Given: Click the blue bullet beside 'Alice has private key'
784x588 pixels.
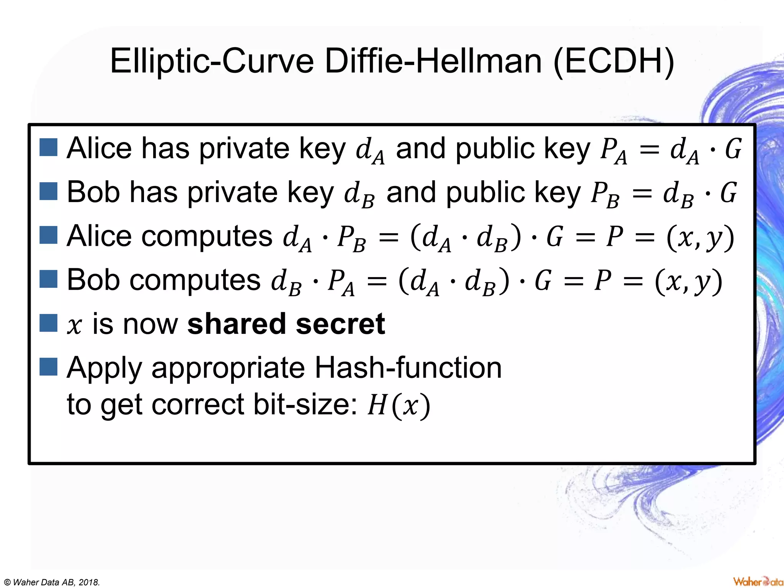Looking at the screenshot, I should (49, 148).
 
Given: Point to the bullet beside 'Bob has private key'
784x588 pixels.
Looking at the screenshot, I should (49, 191).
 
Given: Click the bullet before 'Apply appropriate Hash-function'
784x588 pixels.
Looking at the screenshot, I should (49, 367).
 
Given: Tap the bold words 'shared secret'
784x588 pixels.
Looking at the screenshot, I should (286, 324).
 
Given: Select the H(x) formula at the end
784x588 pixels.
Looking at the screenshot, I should (399, 405).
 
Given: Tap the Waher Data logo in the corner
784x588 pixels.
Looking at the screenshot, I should (758, 581).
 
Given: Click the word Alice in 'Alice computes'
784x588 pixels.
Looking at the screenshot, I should (99, 236).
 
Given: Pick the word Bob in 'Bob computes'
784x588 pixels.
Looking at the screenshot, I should (93, 280).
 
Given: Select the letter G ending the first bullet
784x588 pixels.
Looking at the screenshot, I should (733, 149).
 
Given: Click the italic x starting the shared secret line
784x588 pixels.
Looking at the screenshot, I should (75, 325).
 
